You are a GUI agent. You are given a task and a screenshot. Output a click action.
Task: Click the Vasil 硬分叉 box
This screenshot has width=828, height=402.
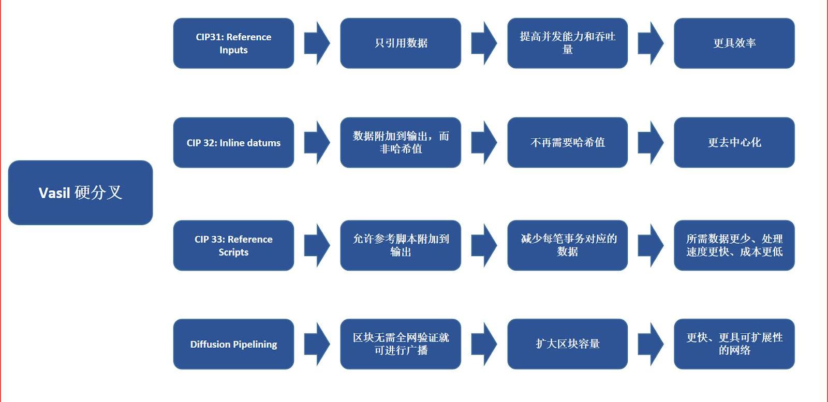click(x=80, y=192)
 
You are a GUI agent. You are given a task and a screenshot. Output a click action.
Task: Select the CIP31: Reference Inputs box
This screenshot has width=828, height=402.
click(x=233, y=43)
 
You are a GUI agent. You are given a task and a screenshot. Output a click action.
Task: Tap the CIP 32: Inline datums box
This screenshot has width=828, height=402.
click(x=233, y=143)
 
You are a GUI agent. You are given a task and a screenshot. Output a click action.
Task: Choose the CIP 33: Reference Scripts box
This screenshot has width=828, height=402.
click(x=233, y=245)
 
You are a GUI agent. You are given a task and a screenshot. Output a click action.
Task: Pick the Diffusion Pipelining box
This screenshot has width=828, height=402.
click(x=233, y=344)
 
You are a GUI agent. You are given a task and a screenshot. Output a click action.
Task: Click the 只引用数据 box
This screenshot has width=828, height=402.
click(x=401, y=43)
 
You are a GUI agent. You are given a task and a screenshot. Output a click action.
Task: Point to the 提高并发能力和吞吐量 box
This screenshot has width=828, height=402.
click(x=567, y=43)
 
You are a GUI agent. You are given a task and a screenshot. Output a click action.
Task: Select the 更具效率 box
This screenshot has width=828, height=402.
click(x=734, y=43)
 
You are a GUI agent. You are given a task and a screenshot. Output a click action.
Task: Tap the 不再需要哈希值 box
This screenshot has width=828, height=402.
click(x=567, y=143)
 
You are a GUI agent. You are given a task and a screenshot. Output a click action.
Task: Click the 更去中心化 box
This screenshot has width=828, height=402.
click(x=734, y=143)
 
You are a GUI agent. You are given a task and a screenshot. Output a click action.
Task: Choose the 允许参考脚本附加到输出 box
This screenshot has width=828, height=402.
click(x=401, y=245)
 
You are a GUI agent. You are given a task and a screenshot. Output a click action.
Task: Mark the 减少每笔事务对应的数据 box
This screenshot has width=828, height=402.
click(x=567, y=245)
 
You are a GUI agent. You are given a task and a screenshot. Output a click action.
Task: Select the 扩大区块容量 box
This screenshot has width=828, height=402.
click(x=567, y=344)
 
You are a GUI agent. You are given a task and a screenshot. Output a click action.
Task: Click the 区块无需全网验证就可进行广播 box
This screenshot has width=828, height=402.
click(x=401, y=344)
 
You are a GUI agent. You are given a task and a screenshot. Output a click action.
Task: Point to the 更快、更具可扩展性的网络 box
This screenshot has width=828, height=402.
click(x=734, y=344)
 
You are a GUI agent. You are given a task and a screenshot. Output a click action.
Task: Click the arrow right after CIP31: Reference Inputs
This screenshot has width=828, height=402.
click(x=317, y=43)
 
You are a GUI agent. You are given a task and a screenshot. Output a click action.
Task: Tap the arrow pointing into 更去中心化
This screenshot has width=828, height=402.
click(x=650, y=143)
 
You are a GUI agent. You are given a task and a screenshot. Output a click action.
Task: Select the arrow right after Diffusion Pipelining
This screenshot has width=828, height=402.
click(x=317, y=344)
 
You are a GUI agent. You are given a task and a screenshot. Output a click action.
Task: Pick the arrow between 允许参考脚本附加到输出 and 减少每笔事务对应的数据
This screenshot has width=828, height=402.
click(x=484, y=245)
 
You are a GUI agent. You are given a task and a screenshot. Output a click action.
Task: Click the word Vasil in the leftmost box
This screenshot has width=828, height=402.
click(x=54, y=193)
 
